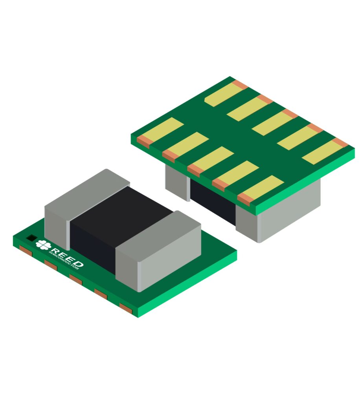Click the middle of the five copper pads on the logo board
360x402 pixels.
coord(75,279)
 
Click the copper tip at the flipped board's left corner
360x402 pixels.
coord(143,141)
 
